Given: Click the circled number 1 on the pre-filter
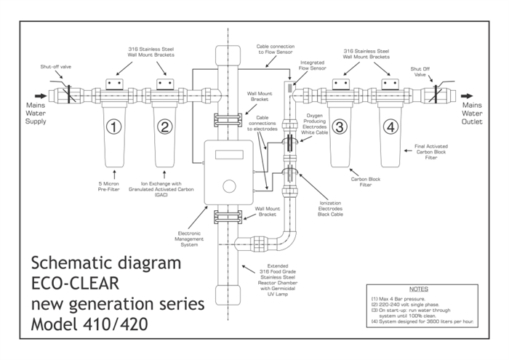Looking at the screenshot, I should (x=113, y=127).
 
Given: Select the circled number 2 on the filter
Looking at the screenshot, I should (x=165, y=127).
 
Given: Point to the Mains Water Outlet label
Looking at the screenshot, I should (x=474, y=113).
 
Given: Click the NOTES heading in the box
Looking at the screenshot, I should (x=418, y=289).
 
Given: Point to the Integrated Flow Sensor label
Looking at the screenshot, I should (x=312, y=66).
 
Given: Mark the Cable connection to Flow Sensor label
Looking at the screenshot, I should (x=276, y=49).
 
